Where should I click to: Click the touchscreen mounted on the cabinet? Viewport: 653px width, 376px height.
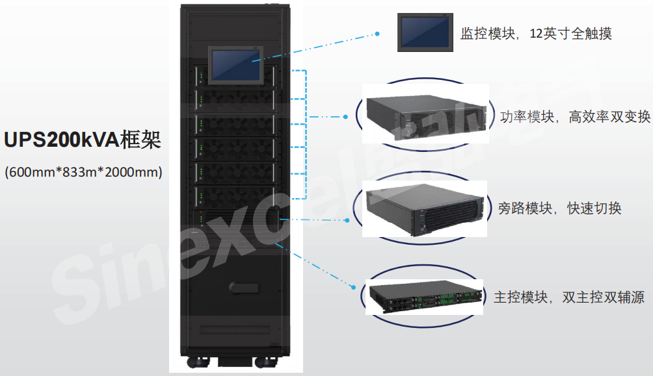236,66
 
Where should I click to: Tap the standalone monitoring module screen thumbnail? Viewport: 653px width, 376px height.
425,32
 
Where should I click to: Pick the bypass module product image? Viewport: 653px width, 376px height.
425,209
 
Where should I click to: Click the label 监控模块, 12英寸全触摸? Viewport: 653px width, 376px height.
536,34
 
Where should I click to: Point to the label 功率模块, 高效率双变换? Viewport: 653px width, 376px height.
575,117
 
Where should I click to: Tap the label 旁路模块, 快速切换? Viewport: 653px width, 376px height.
560,208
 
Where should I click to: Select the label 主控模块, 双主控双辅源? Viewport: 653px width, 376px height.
569,297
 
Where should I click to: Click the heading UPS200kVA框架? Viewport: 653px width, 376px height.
83,140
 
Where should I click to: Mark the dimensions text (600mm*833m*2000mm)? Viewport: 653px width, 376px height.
83,172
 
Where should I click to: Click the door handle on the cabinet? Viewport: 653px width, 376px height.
244,288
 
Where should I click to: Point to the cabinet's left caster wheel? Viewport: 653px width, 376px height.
198,362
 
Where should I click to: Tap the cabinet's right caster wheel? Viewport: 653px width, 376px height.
266,362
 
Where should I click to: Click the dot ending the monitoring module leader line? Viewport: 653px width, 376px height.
377,34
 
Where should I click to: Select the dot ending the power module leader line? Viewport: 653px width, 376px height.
345,117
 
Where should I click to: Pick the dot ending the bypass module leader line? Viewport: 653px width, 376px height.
348,220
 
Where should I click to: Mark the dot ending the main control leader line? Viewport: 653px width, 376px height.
354,288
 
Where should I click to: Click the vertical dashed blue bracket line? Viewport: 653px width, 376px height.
306,134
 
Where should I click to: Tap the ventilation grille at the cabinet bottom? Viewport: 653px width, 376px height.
235,330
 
